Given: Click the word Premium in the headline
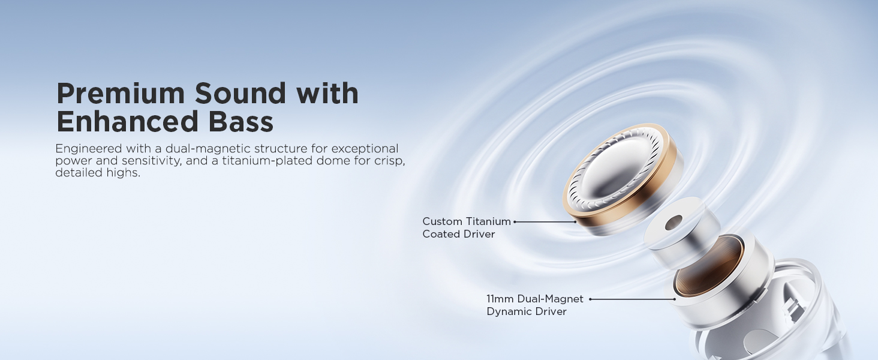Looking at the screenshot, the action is click(121, 94).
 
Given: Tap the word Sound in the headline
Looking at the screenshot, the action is click(240, 94).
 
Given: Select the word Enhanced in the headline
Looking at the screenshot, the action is click(127, 121).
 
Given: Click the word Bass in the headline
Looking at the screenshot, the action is click(241, 121).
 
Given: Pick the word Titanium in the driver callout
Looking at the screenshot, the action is click(488, 221).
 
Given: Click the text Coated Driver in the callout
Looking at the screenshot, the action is click(459, 234).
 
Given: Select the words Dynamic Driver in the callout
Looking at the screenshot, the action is click(527, 311).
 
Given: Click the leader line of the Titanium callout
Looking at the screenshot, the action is click(545, 222).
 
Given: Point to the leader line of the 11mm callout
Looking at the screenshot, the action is click(632, 299).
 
